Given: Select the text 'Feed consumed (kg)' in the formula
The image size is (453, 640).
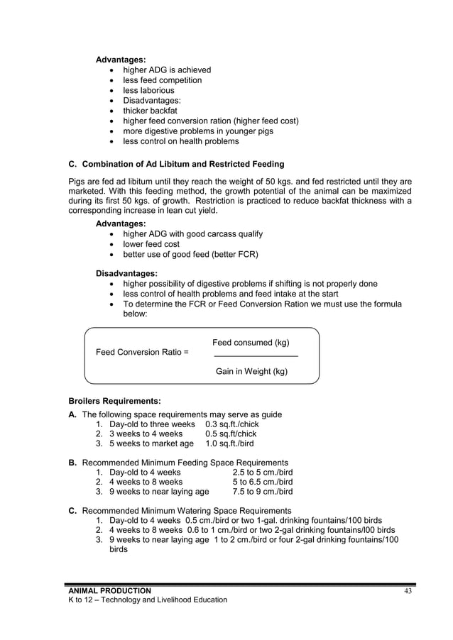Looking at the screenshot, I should [x=251, y=343].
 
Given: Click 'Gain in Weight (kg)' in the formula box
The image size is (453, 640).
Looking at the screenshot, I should [x=251, y=371].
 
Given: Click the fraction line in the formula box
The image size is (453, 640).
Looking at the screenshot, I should [x=256, y=356].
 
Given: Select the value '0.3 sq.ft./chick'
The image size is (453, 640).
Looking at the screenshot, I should [x=232, y=424].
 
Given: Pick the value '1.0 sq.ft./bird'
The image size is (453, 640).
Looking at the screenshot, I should [x=229, y=444].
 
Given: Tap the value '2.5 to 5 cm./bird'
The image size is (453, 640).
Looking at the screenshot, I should [x=263, y=472].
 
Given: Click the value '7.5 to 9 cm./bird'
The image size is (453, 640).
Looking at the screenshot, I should [x=263, y=492].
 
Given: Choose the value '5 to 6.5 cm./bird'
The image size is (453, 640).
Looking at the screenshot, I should [x=263, y=482].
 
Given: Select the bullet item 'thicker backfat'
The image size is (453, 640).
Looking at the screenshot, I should [x=150, y=111].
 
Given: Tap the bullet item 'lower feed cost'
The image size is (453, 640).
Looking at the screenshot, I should [x=151, y=244].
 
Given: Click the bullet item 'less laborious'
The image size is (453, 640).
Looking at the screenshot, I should [x=148, y=90].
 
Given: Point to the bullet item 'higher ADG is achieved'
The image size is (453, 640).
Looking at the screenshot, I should [x=167, y=70].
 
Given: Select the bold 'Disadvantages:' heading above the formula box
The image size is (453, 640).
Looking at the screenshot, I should [x=126, y=273].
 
